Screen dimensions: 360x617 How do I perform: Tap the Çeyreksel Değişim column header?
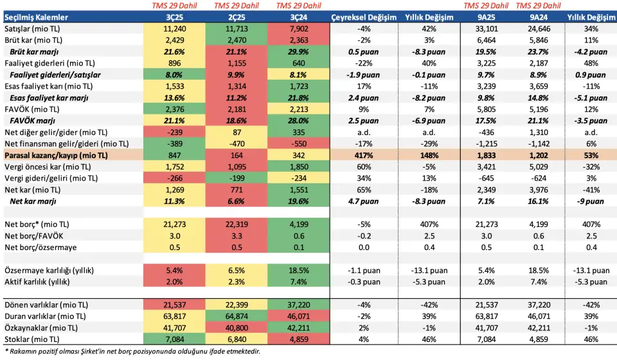click(364, 17)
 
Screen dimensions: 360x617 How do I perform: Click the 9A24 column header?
click(539, 17)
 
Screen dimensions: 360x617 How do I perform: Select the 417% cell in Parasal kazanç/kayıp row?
click(364, 156)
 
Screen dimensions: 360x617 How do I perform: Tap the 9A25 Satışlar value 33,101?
click(485, 28)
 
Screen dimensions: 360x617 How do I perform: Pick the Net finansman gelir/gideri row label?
click(66, 143)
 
